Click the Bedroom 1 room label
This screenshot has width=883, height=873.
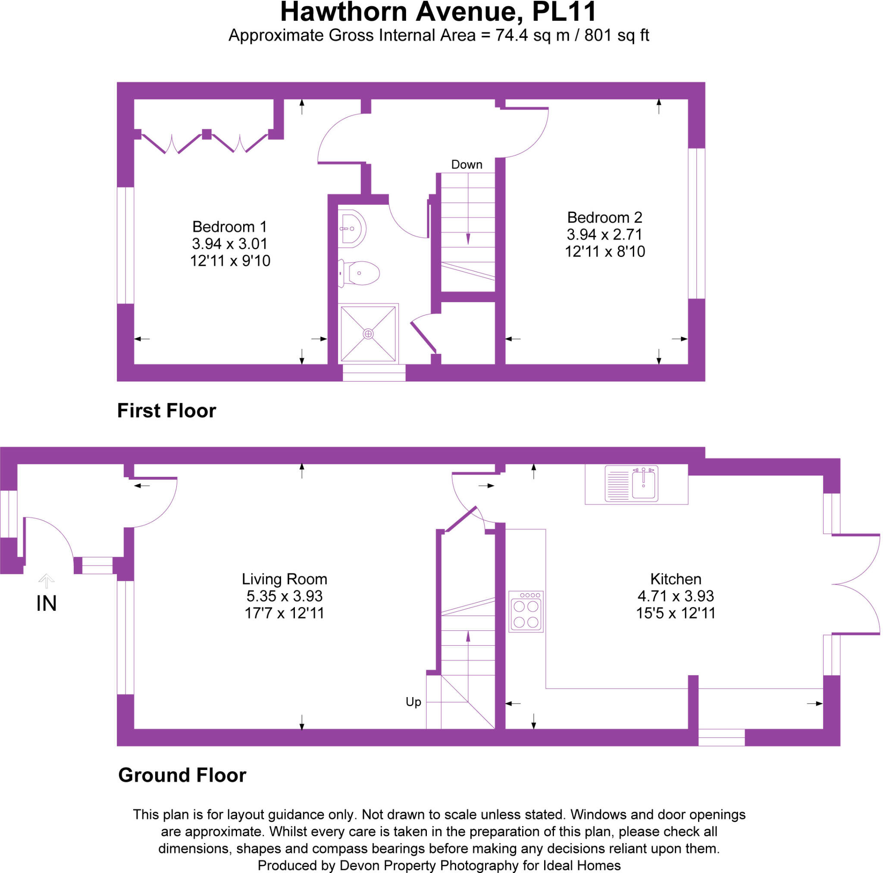point(229,227)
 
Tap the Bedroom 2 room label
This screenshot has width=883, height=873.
point(604,217)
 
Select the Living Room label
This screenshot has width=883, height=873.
point(284,579)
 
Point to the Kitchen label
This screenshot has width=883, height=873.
point(676,579)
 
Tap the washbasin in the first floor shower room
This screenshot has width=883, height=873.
point(352,228)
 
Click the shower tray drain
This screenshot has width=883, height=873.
point(368,334)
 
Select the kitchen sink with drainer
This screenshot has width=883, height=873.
point(631,484)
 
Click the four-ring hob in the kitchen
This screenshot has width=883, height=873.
point(526,612)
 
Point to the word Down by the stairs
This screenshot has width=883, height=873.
point(467,165)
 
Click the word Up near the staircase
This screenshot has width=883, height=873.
point(413,701)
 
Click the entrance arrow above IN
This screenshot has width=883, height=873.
point(46,580)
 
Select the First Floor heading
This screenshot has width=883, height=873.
point(166,410)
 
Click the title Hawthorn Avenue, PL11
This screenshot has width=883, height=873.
point(438,13)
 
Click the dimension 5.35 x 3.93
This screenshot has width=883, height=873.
point(284,596)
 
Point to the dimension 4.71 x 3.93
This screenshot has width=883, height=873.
point(676,596)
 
